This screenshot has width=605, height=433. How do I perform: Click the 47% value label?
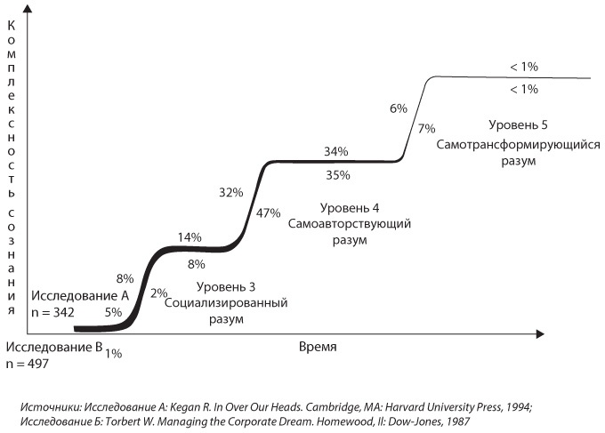click(x=268, y=213)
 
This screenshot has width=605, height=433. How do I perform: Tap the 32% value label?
click(x=231, y=193)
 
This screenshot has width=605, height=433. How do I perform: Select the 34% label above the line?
click(x=336, y=151)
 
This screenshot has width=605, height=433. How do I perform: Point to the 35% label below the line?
click(x=337, y=175)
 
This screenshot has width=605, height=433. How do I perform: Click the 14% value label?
click(x=190, y=237)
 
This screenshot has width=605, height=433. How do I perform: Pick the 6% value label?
click(x=399, y=108)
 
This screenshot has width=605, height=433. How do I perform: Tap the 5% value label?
click(x=113, y=312)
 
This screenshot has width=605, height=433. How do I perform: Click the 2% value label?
click(x=159, y=293)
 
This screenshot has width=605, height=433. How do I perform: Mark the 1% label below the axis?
click(x=113, y=354)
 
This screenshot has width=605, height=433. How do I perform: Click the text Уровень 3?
click(x=225, y=286)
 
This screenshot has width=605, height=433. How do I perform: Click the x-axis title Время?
click(x=318, y=345)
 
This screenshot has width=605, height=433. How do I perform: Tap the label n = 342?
click(x=53, y=312)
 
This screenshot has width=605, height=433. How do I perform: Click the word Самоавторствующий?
click(x=349, y=224)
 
